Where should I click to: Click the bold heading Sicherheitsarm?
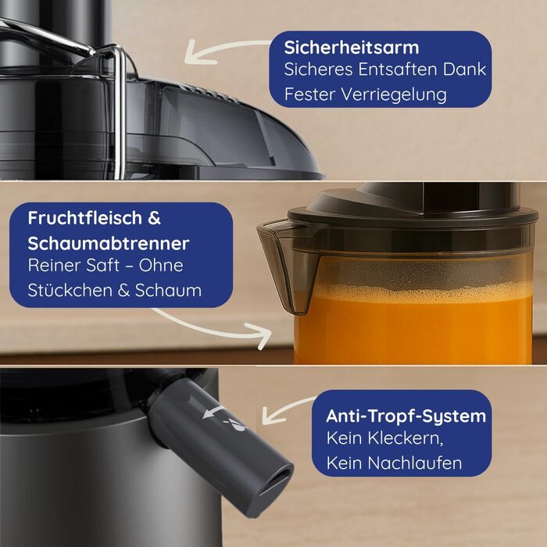[352, 48]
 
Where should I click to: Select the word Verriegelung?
[394, 95]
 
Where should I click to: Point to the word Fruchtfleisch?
[85, 218]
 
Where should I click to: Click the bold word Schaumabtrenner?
[109, 244]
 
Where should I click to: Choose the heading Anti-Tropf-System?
[406, 417]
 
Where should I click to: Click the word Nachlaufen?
[414, 463]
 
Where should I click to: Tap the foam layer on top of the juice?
[419, 291]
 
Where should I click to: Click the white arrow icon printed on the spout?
[213, 412]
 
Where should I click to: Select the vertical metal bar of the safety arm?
[120, 115]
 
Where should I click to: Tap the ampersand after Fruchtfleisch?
[154, 218]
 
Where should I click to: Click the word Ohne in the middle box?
[161, 265]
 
